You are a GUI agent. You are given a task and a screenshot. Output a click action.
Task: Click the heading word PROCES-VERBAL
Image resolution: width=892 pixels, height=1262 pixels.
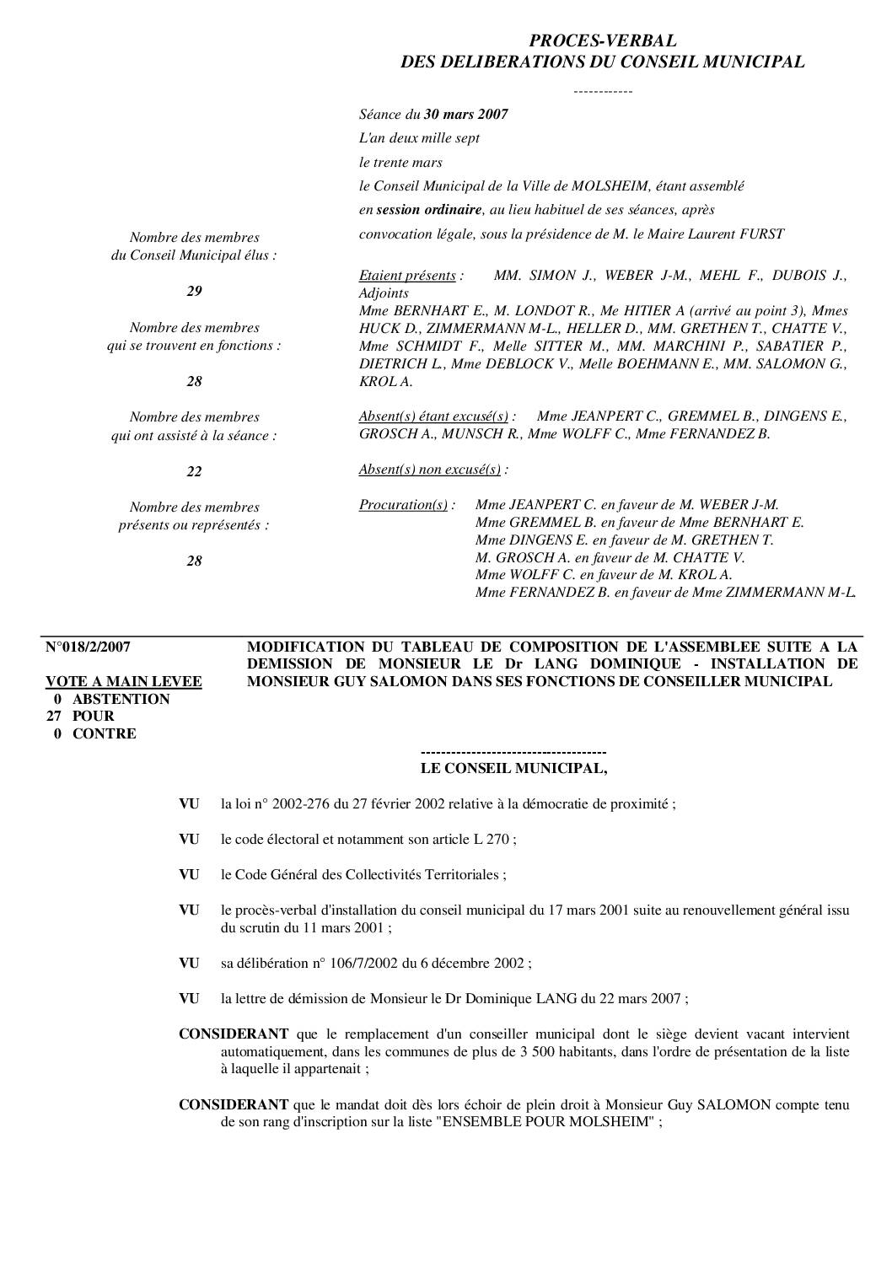coord(602,40)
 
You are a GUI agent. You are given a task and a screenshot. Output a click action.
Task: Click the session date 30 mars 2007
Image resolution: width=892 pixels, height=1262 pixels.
coord(465,114)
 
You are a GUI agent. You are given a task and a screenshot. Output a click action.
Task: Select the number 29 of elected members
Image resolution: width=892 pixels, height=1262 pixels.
coord(194,292)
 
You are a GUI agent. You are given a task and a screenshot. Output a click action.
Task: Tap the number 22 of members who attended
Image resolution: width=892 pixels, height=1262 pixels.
coord(194,471)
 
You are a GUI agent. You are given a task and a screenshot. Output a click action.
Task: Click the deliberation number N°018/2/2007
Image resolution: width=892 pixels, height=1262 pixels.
coord(88,647)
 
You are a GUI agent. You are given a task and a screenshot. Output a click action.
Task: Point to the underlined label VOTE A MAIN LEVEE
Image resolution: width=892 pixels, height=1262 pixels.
coord(123,682)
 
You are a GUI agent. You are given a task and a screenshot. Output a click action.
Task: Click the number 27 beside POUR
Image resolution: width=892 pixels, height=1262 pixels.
coord(54,717)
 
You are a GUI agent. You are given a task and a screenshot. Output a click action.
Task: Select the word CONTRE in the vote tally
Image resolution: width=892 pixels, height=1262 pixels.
coord(104,734)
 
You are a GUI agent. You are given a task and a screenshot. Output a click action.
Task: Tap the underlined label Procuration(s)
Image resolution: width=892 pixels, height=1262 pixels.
coord(403,505)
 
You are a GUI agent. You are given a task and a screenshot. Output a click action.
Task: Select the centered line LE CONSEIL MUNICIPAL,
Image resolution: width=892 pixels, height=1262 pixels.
coord(513,769)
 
